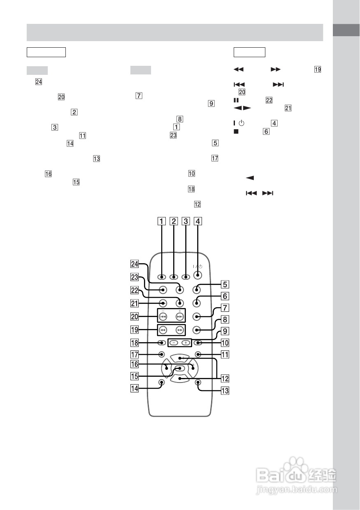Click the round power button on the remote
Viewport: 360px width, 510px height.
tap(197, 275)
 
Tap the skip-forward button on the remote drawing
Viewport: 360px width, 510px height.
tap(180, 316)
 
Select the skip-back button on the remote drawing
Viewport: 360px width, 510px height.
tap(163, 316)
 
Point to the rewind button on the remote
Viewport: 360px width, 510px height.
tap(163, 330)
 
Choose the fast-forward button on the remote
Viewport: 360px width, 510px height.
tap(180, 330)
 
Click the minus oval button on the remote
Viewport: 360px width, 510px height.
tap(174, 343)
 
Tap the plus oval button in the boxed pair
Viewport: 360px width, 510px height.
tap(186, 343)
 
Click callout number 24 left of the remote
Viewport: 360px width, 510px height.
tap(135, 264)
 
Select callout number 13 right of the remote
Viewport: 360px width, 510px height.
tap(225, 391)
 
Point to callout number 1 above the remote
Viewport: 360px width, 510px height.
tap(162, 221)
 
